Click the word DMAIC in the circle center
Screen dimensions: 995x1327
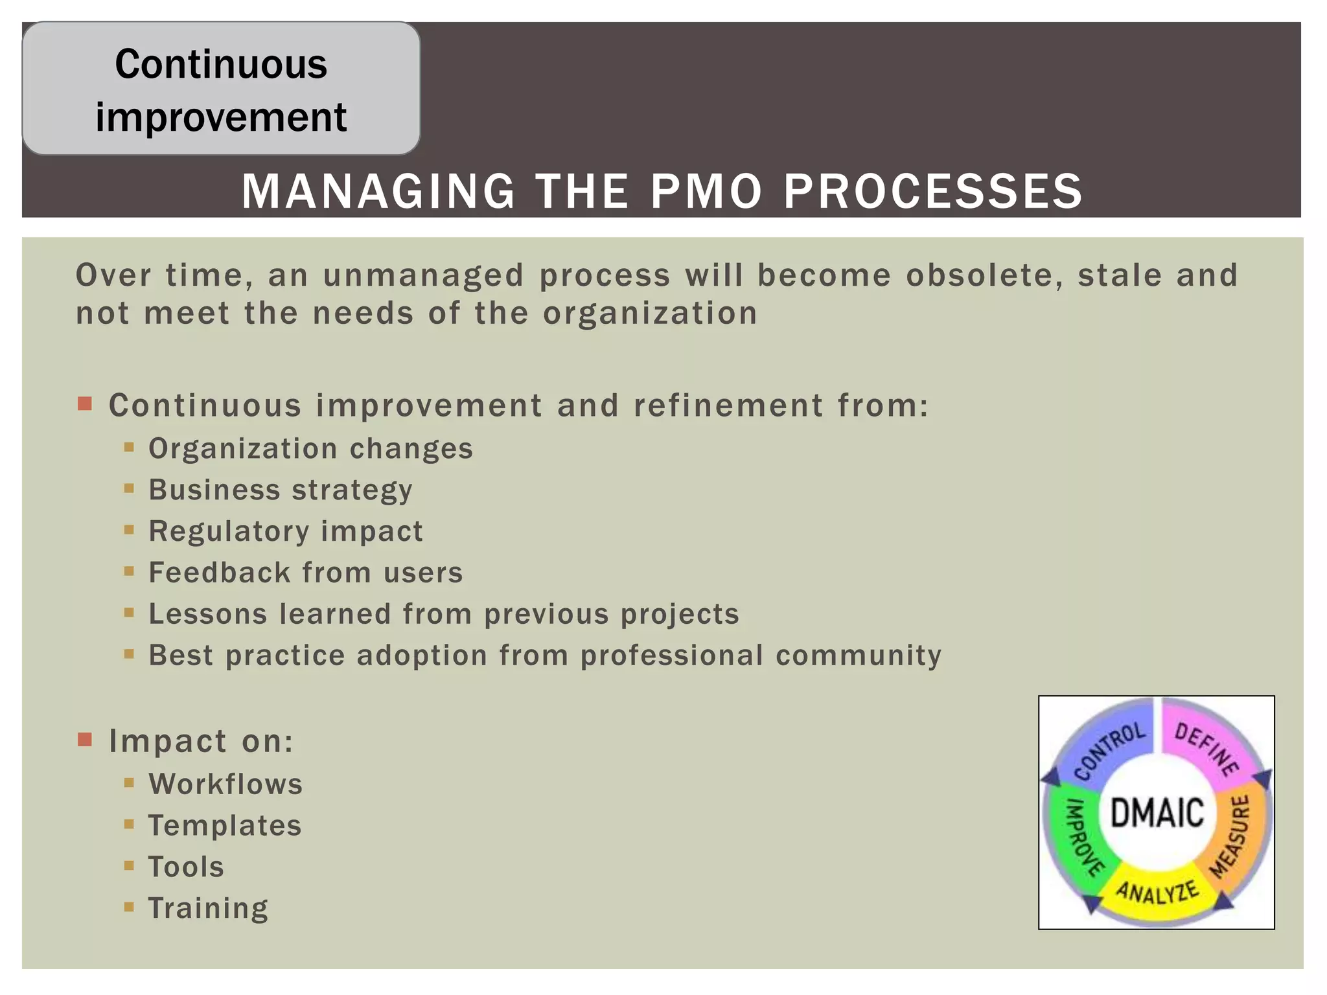click(1157, 813)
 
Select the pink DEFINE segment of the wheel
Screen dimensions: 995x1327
click(1205, 745)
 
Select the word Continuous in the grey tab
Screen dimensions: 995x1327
click(221, 64)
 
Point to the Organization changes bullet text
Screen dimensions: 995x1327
click(310, 448)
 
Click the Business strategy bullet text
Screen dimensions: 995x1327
click(280, 490)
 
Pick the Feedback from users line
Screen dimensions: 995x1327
click(305, 573)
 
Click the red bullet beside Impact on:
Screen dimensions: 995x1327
click(85, 740)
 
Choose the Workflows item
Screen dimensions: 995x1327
click(225, 784)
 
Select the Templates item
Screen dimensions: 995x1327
click(225, 825)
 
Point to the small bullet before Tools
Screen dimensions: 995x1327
click(129, 865)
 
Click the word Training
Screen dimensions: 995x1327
click(208, 908)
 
